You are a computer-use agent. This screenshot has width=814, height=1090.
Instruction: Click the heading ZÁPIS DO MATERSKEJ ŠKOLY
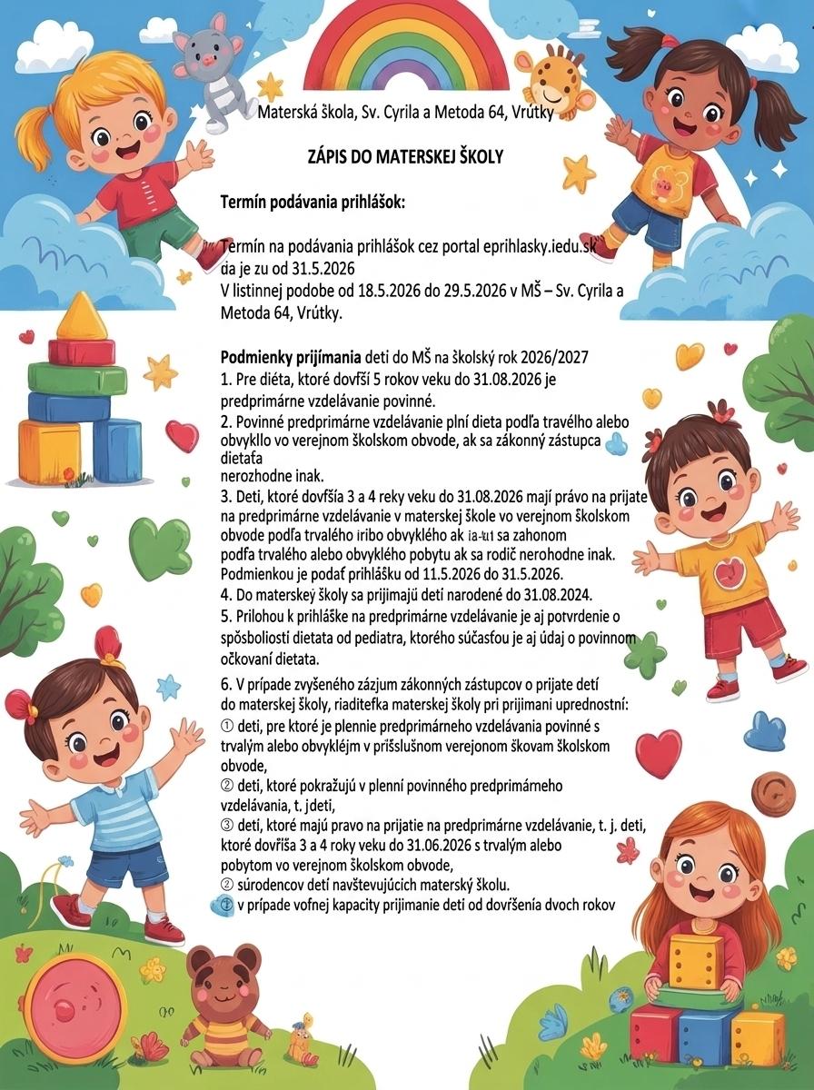coord(406,157)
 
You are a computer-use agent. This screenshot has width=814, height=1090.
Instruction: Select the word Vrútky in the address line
coord(528,114)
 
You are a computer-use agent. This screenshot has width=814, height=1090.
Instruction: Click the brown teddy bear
coord(223,999)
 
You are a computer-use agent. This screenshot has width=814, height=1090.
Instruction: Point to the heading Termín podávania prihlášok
coord(313,202)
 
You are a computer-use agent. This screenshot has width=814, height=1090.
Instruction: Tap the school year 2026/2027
coord(554,356)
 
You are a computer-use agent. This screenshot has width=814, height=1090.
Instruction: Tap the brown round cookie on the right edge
coord(787,798)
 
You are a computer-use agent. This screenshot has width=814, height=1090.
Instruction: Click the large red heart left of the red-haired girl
coord(659,752)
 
